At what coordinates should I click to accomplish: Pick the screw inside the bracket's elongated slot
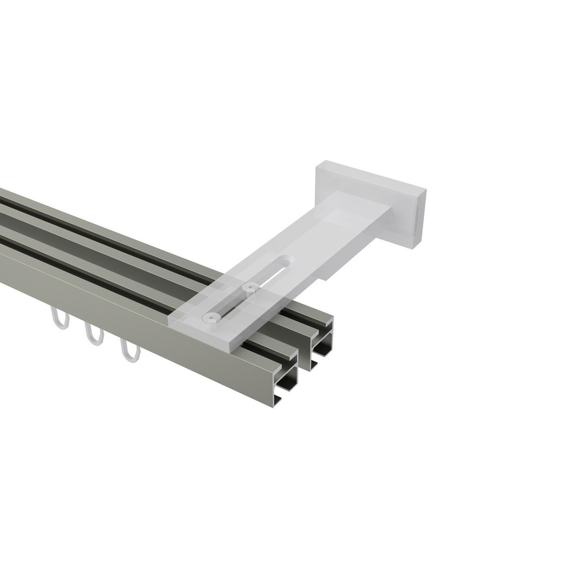click(248, 287)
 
